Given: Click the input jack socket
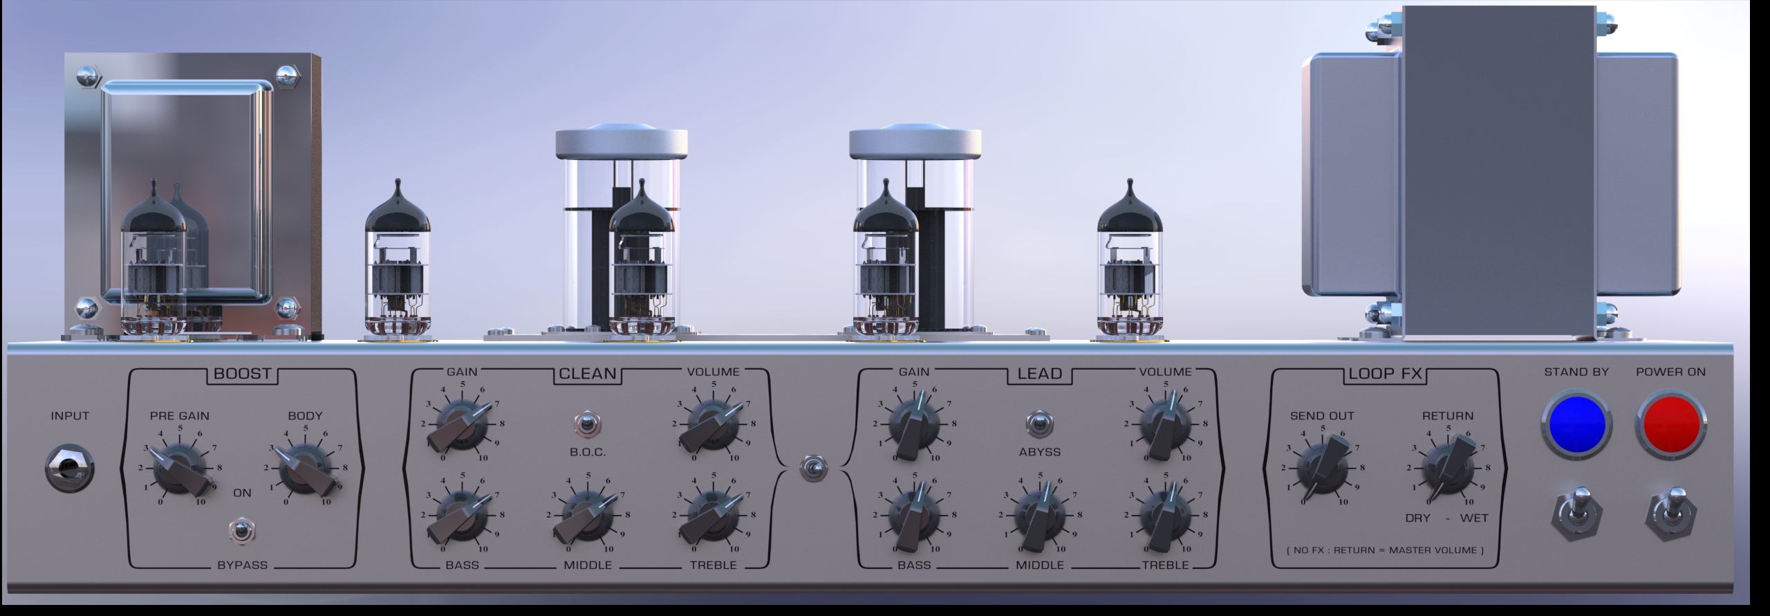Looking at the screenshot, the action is pos(71,469).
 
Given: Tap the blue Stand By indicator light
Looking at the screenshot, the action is pos(1576,424).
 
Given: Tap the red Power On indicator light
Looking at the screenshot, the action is pos(1670,424).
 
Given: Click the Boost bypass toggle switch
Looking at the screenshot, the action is pos(241,532).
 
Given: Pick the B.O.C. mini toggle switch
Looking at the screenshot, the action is pos(587,424).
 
